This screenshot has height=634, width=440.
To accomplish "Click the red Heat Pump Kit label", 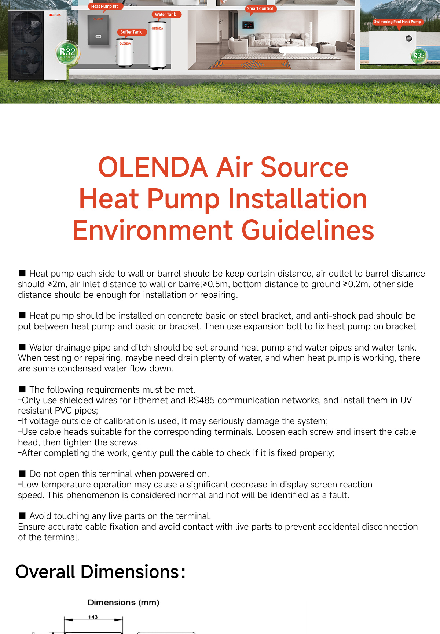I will click(x=104, y=6).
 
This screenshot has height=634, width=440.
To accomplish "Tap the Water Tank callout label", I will click(x=165, y=15).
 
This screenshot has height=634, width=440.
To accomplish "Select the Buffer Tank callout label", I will click(x=131, y=32).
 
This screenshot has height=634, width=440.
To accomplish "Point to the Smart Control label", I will click(x=260, y=9).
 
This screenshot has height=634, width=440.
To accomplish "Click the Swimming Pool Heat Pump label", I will click(x=397, y=22).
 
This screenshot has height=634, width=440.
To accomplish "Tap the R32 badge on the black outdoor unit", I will click(x=67, y=52).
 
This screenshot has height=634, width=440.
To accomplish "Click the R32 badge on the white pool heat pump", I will click(x=418, y=56).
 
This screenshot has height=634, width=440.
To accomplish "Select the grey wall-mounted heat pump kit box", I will click(x=98, y=30).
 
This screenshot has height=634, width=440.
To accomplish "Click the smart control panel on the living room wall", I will click(x=248, y=25).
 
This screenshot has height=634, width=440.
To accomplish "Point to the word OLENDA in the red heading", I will click(x=153, y=167).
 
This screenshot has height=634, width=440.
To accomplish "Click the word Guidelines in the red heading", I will click(x=308, y=231).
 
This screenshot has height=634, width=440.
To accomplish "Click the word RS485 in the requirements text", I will click(x=201, y=400).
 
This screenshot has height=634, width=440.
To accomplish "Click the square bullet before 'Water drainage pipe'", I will click(x=22, y=347).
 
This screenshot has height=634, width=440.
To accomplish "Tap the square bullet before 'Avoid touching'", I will click(x=22, y=515).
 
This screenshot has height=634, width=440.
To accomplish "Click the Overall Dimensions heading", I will click(x=100, y=572).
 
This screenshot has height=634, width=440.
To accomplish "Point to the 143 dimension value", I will click(x=93, y=617).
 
